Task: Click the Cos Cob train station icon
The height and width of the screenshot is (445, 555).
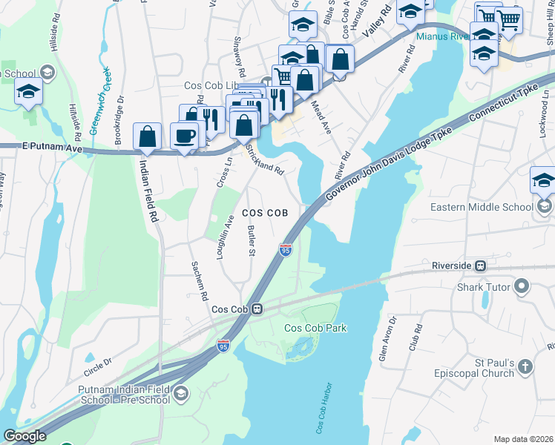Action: pos(257,309)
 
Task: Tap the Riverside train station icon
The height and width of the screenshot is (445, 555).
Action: pos(481,266)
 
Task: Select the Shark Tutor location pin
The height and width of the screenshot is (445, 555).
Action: pos(522,286)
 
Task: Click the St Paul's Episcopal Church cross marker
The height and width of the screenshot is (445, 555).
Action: pos(525,366)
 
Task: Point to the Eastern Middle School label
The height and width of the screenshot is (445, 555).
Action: pos(481,207)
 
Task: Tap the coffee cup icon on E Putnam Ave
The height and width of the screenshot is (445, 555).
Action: pos(184,136)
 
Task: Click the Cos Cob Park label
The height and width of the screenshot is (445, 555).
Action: pos(316,328)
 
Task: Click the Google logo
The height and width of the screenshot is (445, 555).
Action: pos(24,436)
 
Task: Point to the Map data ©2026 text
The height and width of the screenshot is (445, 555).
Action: pos(523,439)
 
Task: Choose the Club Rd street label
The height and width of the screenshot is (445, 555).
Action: pos(418,337)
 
